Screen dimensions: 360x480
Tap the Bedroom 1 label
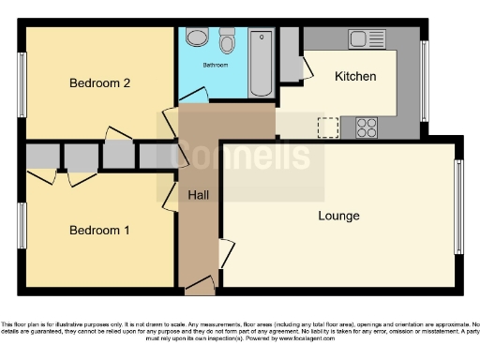pyautogui.click(x=98, y=230)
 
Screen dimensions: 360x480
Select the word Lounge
pyautogui.click(x=338, y=216)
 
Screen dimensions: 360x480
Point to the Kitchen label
pyautogui.click(x=355, y=76)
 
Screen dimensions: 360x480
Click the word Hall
pyautogui.click(x=198, y=195)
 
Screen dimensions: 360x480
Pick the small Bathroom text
pyautogui.click(x=216, y=65)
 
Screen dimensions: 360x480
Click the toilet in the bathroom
pyautogui.click(x=227, y=41)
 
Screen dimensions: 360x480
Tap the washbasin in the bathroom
pyautogui.click(x=197, y=38)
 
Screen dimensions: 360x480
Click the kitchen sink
pyautogui.click(x=360, y=38)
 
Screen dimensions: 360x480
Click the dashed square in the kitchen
pyautogui.click(x=328, y=127)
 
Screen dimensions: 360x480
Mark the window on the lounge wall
pyautogui.click(x=458, y=207)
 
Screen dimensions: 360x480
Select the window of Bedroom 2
pyautogui.click(x=21, y=84)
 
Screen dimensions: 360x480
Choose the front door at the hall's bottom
pyautogui.click(x=200, y=284)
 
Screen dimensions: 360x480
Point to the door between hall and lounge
pyautogui.click(x=225, y=254)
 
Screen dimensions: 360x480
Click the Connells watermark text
pyautogui.click(x=246, y=155)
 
